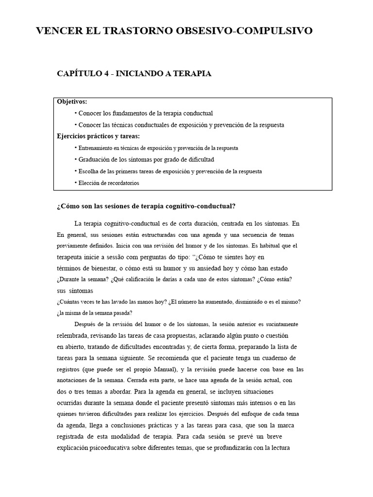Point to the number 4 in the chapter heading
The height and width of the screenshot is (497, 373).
tap(106, 74)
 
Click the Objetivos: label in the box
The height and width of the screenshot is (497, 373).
tap(72, 101)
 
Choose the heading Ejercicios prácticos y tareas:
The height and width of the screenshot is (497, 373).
tap(98, 136)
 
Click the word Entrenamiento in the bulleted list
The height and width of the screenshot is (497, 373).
tap(96, 148)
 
